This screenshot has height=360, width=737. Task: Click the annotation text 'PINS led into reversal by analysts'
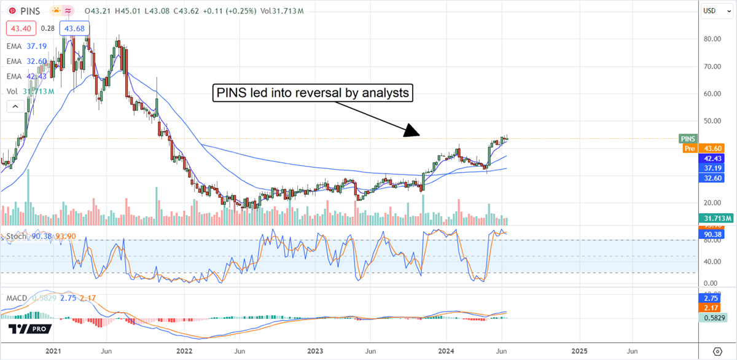coord(312,93)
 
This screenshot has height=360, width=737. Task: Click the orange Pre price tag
coord(689,148)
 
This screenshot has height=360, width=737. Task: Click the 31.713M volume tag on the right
coord(716,218)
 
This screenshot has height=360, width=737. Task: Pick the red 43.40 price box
coord(21,28)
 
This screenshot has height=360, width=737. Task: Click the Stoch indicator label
coord(17,236)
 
